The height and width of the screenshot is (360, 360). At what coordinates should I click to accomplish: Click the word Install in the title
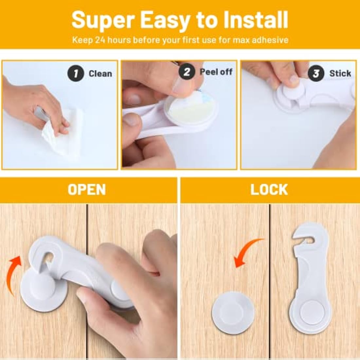[255, 20]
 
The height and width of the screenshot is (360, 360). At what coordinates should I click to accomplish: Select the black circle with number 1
[76, 73]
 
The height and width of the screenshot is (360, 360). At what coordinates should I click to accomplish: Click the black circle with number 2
[187, 72]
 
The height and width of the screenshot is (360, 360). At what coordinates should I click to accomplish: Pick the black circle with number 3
[316, 73]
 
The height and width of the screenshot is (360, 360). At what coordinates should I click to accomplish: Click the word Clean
[100, 74]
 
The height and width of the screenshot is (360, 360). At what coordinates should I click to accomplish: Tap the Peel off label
[216, 72]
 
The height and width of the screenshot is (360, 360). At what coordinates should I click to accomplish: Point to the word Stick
[340, 73]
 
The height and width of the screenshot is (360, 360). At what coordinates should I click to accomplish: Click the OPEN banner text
[87, 190]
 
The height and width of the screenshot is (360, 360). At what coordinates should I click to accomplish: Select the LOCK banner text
[269, 190]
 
